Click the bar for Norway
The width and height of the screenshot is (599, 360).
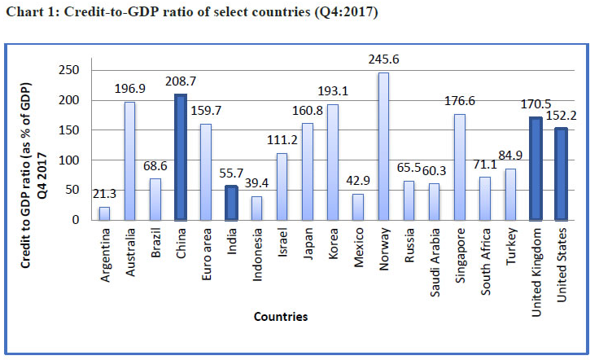coord(383,147)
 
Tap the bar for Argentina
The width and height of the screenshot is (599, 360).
coord(104,213)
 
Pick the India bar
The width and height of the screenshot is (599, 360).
coord(231,203)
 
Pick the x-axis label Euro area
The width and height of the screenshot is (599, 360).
coord(207,248)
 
